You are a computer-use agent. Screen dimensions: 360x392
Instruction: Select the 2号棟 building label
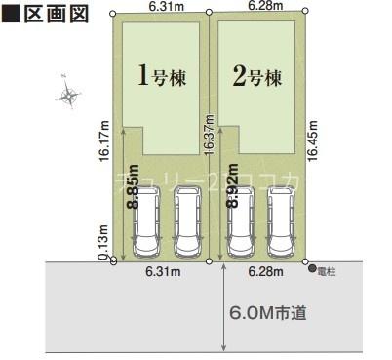point(258,75)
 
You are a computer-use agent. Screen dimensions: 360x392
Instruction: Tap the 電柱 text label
point(327,269)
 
